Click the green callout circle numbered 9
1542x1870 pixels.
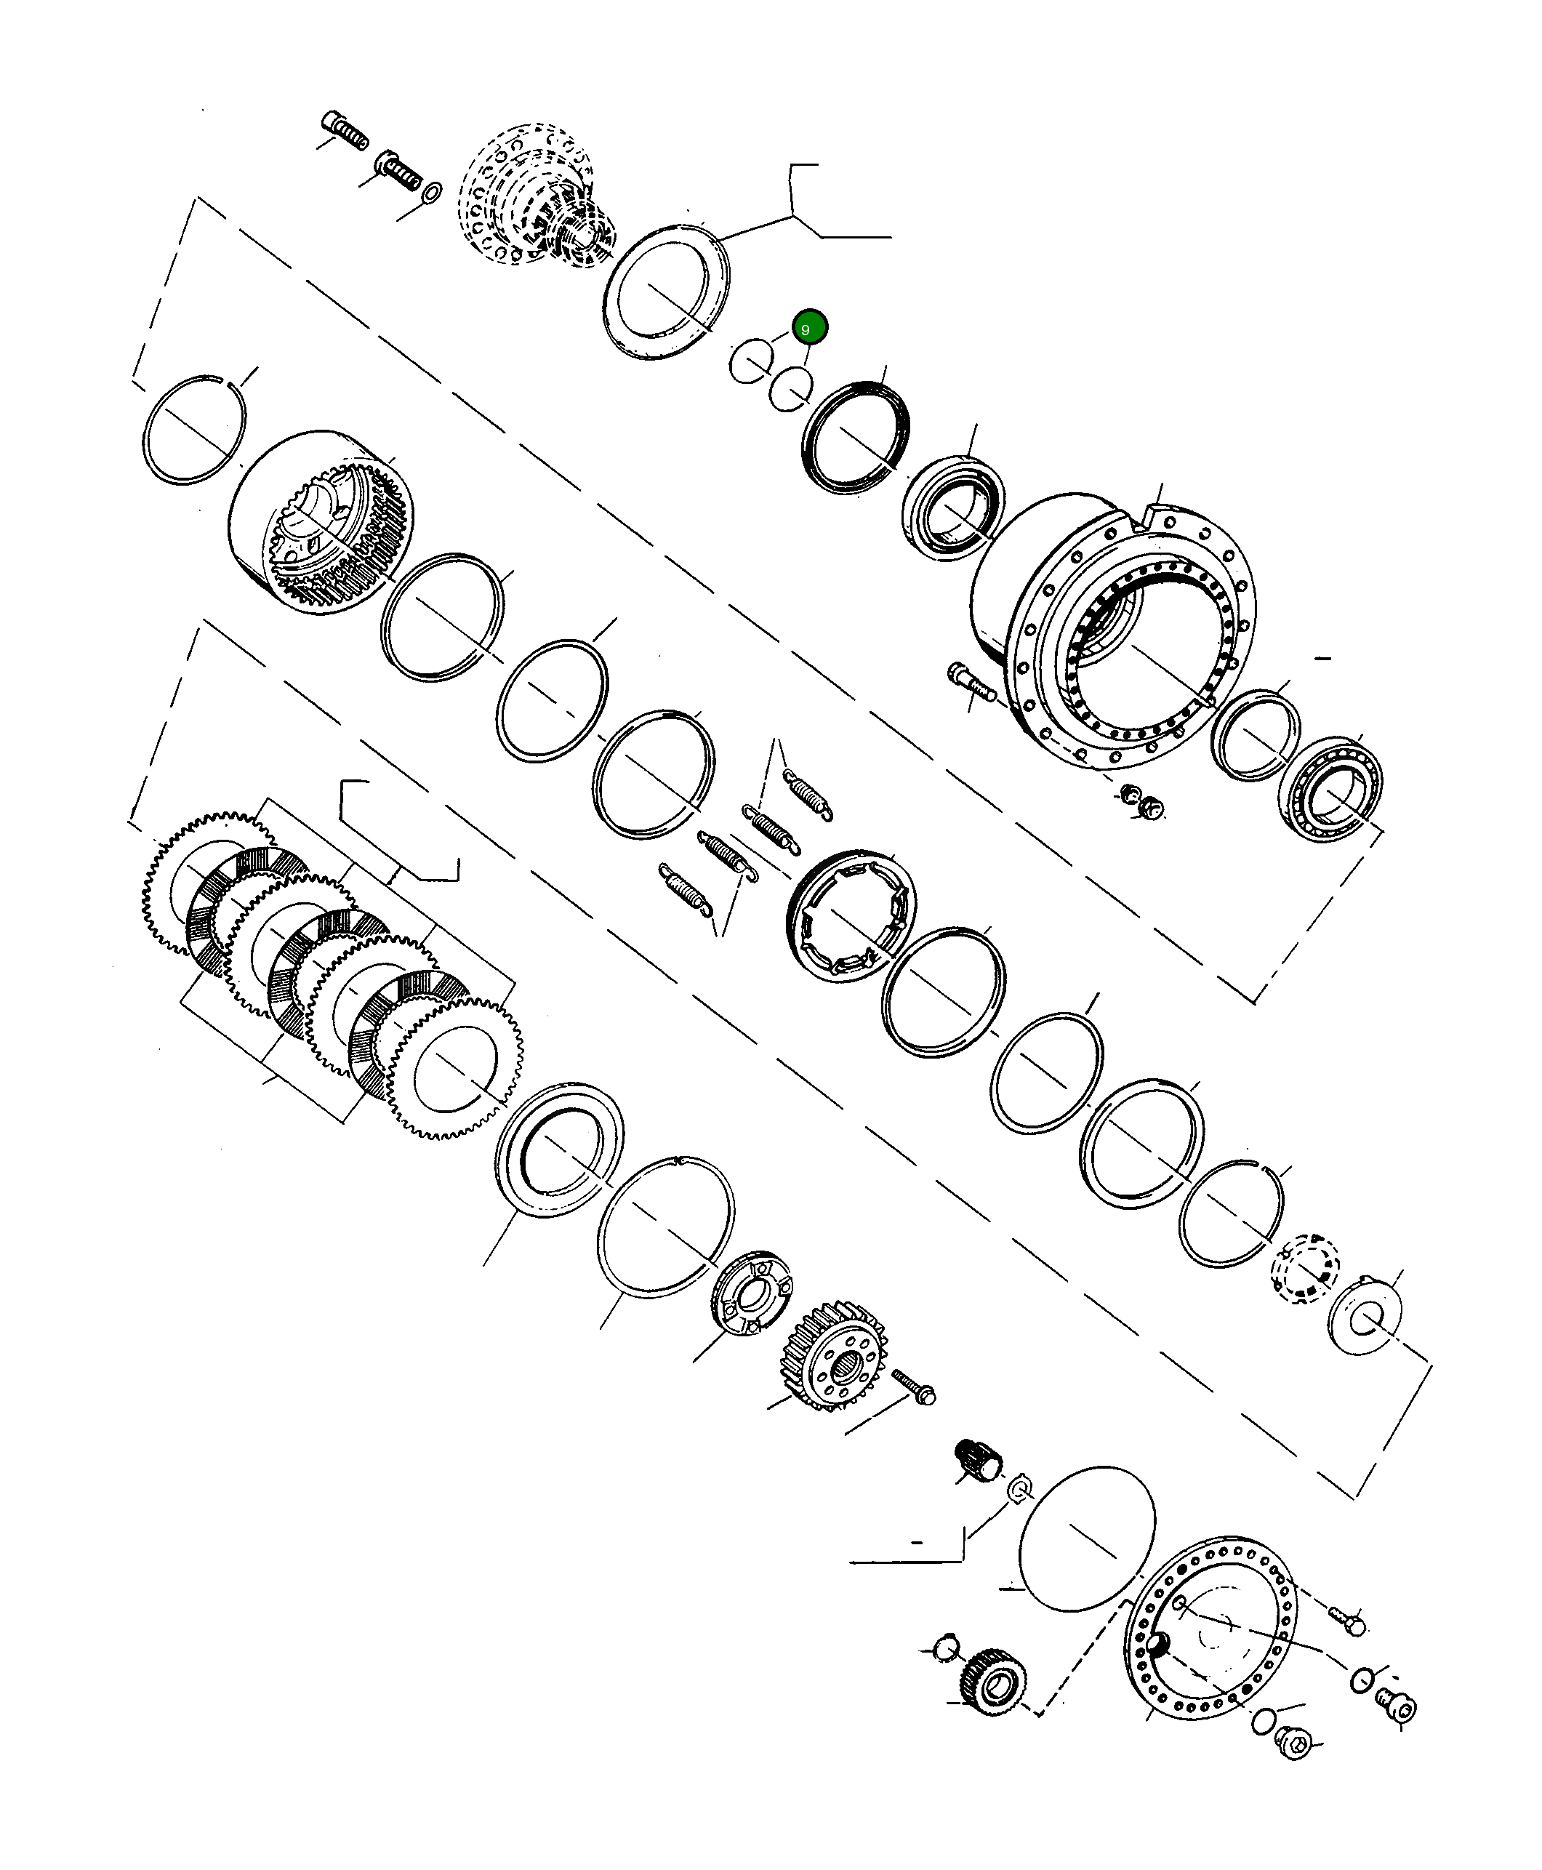pos(809,328)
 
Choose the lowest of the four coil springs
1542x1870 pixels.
pos(685,888)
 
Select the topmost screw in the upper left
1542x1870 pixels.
pos(344,132)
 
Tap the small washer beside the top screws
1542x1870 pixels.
pos(432,193)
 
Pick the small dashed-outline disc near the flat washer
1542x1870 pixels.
pos(1305,1269)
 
